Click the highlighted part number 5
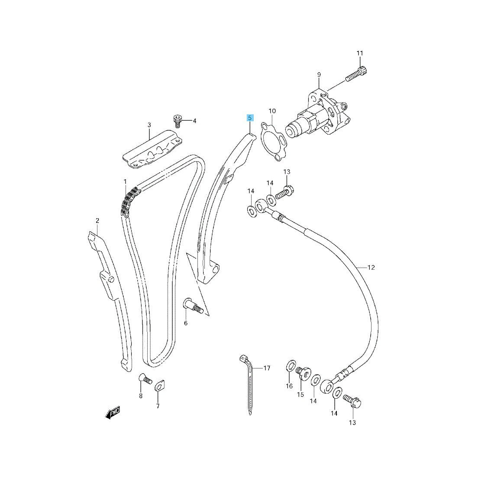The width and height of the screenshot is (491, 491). tap(249, 118)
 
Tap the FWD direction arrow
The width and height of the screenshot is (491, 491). tap(113, 413)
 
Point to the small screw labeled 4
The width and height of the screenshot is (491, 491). tap(178, 121)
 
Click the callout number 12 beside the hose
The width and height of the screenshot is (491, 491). tap(371, 268)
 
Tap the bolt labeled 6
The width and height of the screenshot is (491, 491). tap(193, 306)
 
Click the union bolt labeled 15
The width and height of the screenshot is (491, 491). tap(303, 372)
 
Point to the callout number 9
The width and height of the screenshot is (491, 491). tap(319, 75)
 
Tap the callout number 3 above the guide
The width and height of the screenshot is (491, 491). tap(149, 125)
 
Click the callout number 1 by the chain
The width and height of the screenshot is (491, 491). tap(125, 181)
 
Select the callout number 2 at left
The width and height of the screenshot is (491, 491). tap(97, 221)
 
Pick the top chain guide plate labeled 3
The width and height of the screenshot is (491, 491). tap(152, 150)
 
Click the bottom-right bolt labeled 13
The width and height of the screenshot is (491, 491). tap(352, 401)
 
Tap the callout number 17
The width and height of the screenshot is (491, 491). tap(266, 368)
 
